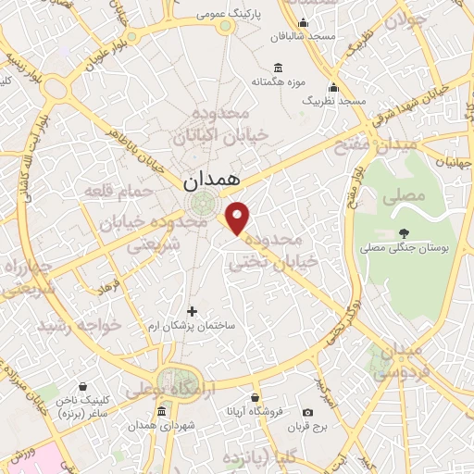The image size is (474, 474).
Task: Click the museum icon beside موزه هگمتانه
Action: tap(280, 67)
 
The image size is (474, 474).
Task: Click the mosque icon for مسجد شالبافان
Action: tap(303, 24)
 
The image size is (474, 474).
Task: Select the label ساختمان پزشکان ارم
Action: tap(193, 327)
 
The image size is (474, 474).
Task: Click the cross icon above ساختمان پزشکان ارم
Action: tap(193, 311)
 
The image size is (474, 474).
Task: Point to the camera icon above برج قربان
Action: tap(307, 411)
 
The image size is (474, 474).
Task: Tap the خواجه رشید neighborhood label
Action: tap(81, 326)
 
